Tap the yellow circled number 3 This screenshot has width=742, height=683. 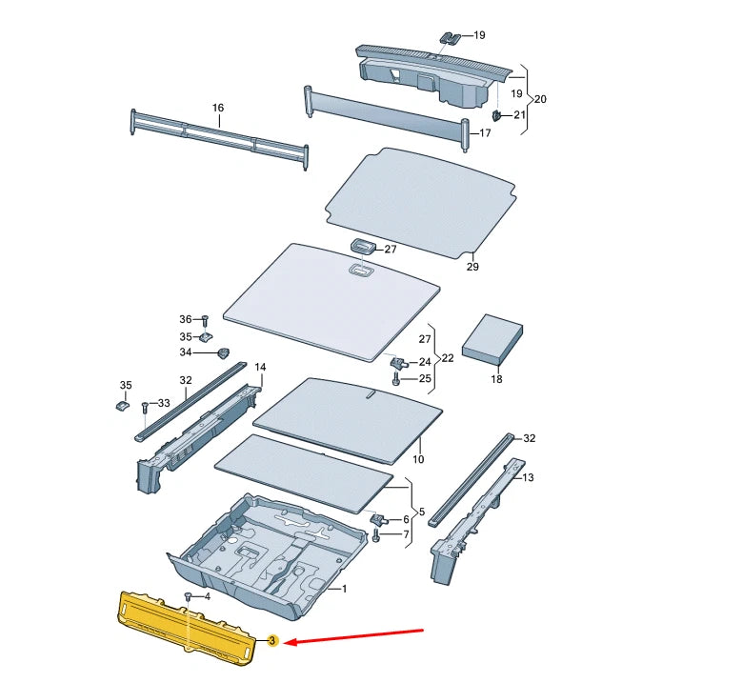click(272, 643)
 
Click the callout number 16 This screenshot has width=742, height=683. click(218, 109)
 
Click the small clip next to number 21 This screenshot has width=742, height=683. click(496, 116)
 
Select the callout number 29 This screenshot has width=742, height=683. click(472, 268)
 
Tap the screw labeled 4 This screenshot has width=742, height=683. click(189, 597)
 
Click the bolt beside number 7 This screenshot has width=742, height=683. click(376, 536)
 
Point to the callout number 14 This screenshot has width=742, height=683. click(260, 368)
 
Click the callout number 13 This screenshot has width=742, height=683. click(529, 478)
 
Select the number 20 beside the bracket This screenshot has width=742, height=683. click(540, 99)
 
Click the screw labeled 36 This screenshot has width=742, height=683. click(204, 320)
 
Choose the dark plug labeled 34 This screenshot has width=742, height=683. click(225, 353)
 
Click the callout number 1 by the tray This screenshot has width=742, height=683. click(344, 590)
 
